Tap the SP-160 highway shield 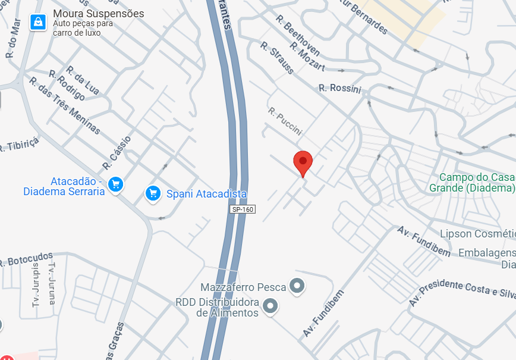(243, 209)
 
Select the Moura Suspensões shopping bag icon (38, 23)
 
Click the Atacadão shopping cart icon (116, 184)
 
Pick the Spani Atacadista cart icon (153, 193)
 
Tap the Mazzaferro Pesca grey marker (297, 286)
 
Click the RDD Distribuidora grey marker (271, 306)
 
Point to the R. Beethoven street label (298, 35)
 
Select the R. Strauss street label (277, 57)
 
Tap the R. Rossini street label (340, 88)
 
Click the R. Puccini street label (285, 121)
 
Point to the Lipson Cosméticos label (477, 233)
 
